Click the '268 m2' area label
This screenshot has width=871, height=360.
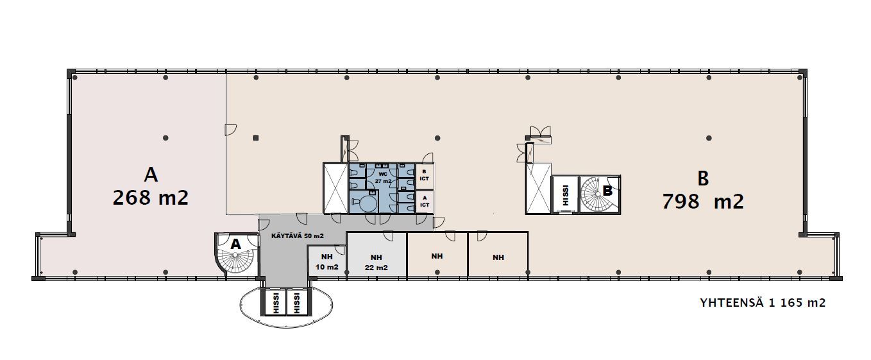point(151,197)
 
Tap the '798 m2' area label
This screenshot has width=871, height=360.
point(703,201)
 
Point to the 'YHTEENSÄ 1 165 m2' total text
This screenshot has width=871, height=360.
point(763,302)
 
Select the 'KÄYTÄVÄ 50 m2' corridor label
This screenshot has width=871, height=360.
point(298,236)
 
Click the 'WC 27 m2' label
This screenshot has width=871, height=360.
point(383,178)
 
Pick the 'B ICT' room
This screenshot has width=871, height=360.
point(425,176)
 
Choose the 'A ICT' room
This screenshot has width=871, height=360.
point(425,201)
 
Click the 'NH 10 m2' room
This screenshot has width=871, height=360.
point(326,262)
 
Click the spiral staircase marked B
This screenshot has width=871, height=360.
point(600,194)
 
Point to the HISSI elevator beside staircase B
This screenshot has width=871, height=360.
point(565,194)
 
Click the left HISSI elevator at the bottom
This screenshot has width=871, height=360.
point(276,302)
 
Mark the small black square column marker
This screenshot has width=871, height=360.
point(256,138)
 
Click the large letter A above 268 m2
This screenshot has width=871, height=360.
point(151,175)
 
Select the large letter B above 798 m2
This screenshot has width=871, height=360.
point(703,178)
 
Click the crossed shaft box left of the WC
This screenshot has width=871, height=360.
point(335,188)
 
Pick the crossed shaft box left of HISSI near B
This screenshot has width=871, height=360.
point(539,189)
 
